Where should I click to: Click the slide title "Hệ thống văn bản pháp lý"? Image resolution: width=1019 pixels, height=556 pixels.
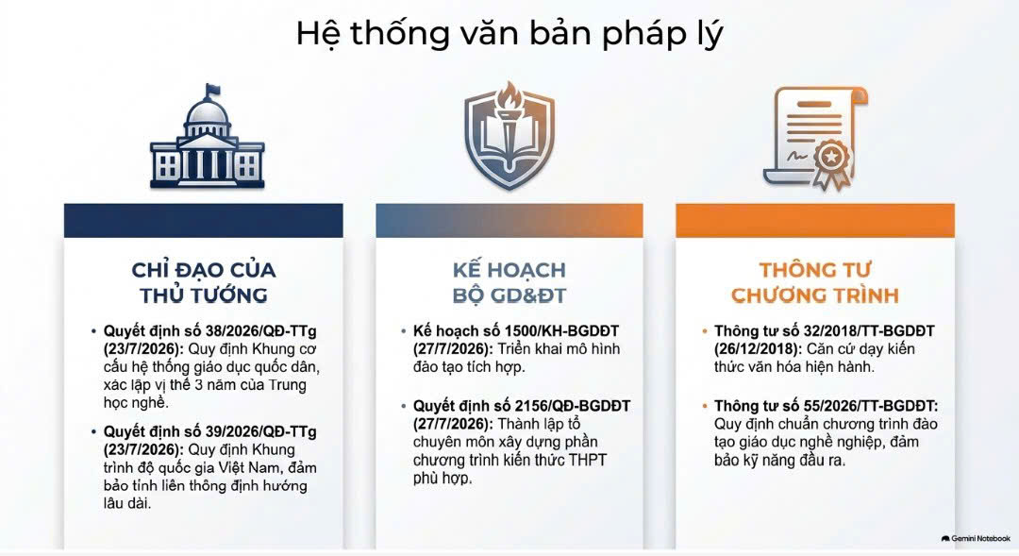pos(509,34)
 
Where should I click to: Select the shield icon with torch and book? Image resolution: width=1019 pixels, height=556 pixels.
pos(509,135)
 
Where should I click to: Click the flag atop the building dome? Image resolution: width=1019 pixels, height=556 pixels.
pos(212,90)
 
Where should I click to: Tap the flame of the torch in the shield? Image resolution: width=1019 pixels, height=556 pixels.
pos(510,94)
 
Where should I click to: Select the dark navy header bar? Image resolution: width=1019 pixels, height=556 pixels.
pos(204,221)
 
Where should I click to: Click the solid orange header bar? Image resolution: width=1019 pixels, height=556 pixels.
pos(815,221)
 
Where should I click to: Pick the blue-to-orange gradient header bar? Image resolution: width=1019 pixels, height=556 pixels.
pos(509,221)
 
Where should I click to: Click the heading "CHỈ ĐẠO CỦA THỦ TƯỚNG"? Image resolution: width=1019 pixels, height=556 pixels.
pos(204,282)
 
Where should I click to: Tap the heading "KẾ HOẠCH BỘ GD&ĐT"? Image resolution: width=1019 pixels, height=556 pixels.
pos(509,282)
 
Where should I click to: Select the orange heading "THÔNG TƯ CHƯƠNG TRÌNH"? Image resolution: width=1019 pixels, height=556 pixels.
pos(815,282)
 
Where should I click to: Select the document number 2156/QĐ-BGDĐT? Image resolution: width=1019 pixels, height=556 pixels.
pos(573,406)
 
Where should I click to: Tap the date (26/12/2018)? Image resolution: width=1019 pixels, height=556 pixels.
pos(758,349)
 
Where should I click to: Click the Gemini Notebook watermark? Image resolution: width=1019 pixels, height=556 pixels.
pos(976,538)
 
